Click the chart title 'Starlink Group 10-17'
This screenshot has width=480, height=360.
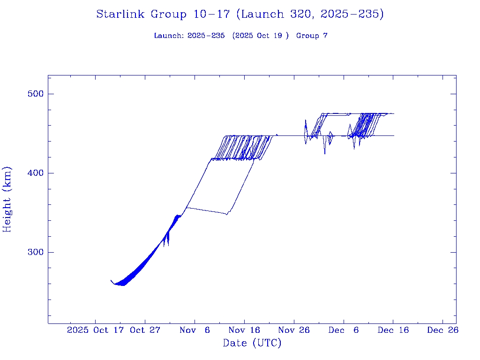163,15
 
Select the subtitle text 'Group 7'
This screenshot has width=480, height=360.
312,36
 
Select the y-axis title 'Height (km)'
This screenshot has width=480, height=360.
7,199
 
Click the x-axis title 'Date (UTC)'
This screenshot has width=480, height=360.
252,344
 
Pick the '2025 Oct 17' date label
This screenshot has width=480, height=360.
96,330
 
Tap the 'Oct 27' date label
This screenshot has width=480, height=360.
145,330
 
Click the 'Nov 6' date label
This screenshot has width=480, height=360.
195,330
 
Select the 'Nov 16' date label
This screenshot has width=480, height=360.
244,330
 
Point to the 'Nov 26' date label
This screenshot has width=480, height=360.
294,330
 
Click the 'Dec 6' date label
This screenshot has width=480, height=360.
344,330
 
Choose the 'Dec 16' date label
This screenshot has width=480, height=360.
393,330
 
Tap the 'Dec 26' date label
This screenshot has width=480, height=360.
443,330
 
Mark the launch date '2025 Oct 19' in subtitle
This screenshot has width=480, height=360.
261,36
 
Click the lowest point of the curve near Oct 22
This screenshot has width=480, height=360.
123,285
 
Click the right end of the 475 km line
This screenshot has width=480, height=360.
394,113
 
